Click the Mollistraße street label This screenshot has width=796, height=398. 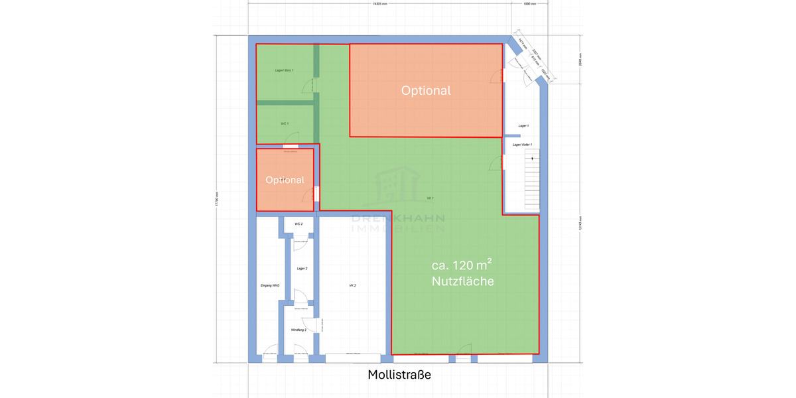coord(399,375)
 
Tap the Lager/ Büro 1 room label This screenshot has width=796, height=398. coord(284,70)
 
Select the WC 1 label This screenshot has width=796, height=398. coord(285,123)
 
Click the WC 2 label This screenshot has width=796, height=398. coord(298,224)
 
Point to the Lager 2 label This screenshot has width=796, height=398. coord(302,269)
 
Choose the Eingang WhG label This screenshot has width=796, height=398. coord(270,285)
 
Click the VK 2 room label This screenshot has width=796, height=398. coord(353,285)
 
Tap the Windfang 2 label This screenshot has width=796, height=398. coord(298,330)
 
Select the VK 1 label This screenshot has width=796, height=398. coord(430,198)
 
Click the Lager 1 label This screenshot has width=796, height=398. coord(523,125)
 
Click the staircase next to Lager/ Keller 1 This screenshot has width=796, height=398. coord(532,179)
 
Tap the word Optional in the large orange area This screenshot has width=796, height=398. coord(426,91)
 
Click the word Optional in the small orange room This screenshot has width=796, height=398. coord(285,180)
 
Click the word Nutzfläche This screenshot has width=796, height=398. coord(462,281)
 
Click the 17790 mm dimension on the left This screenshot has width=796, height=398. coord(216,198)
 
